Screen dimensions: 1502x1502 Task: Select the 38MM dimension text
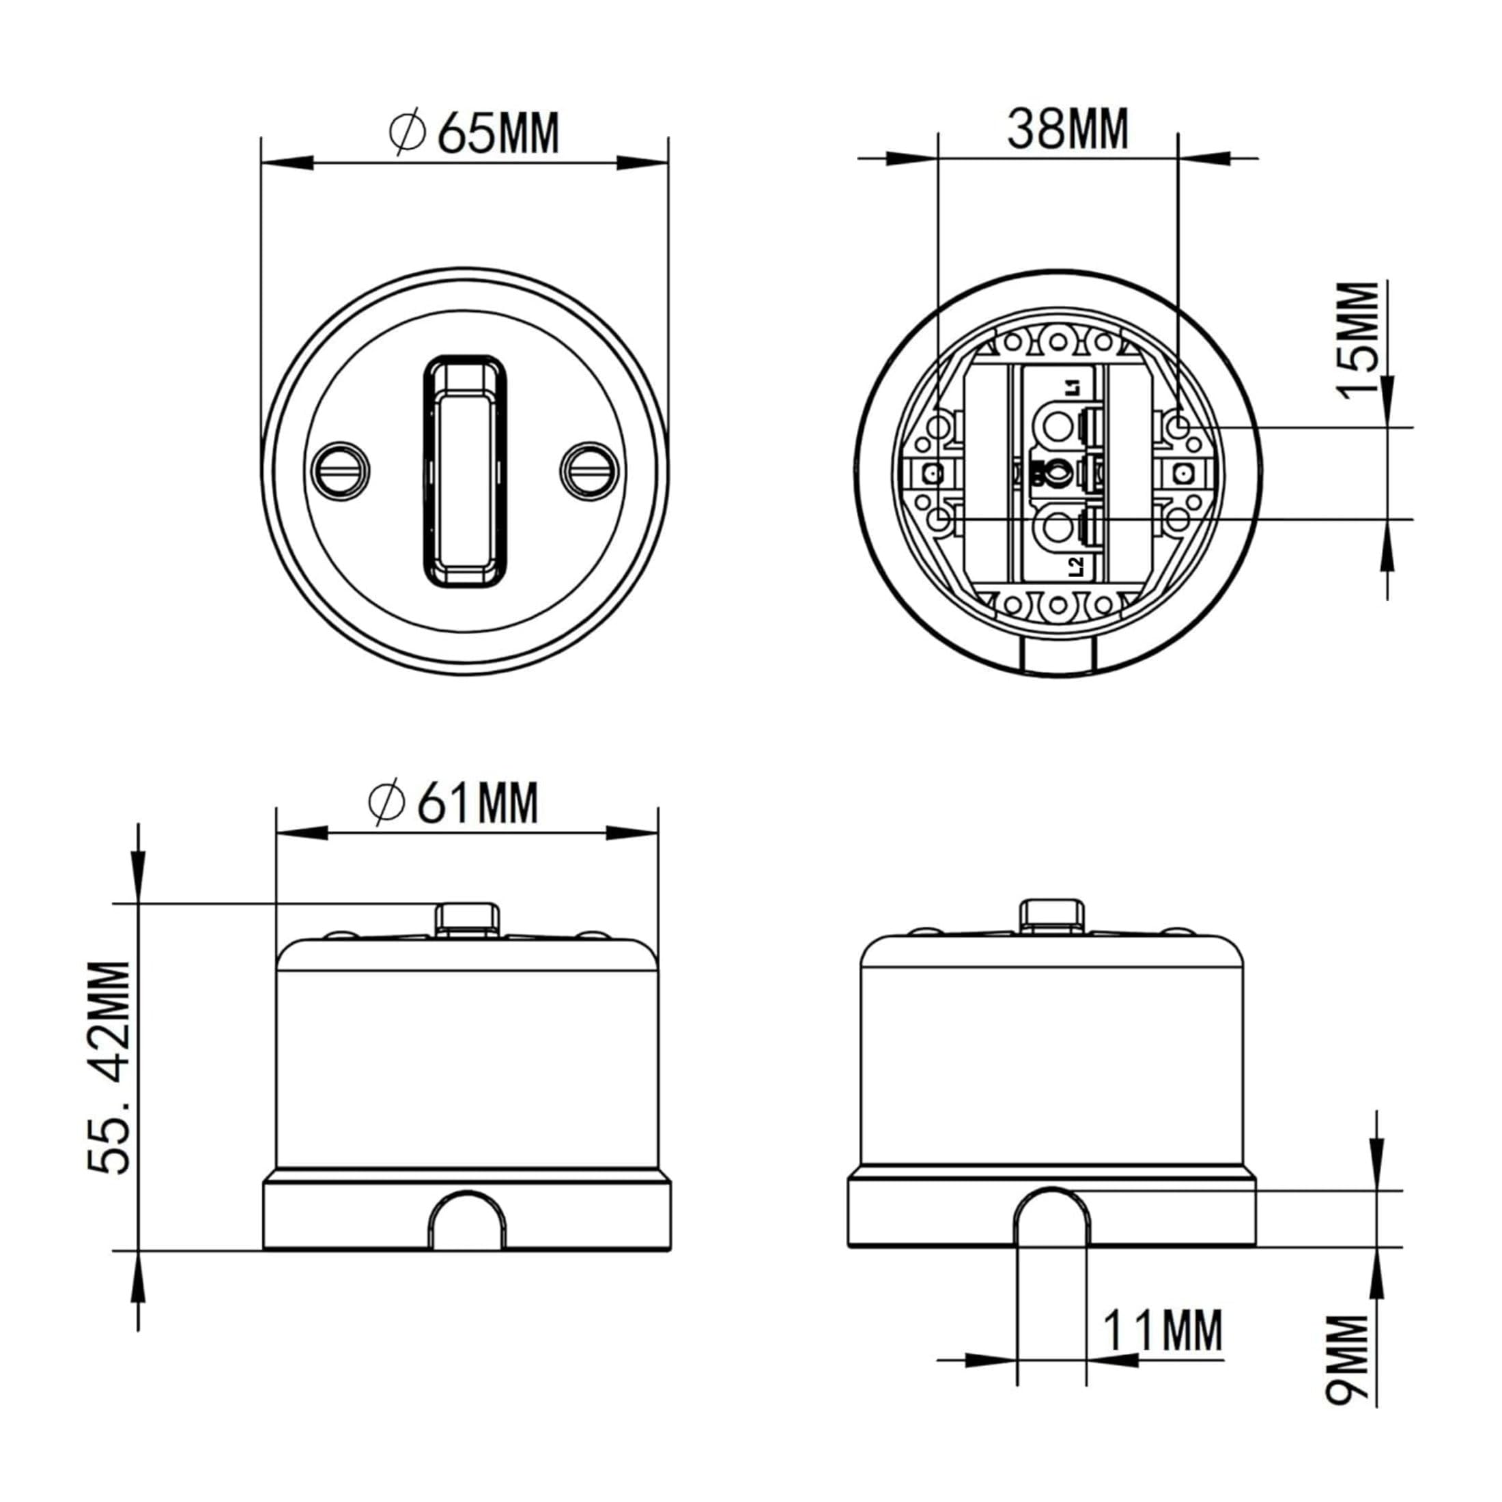[x=1067, y=128]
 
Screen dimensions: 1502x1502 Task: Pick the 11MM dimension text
[x=1162, y=1330]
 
